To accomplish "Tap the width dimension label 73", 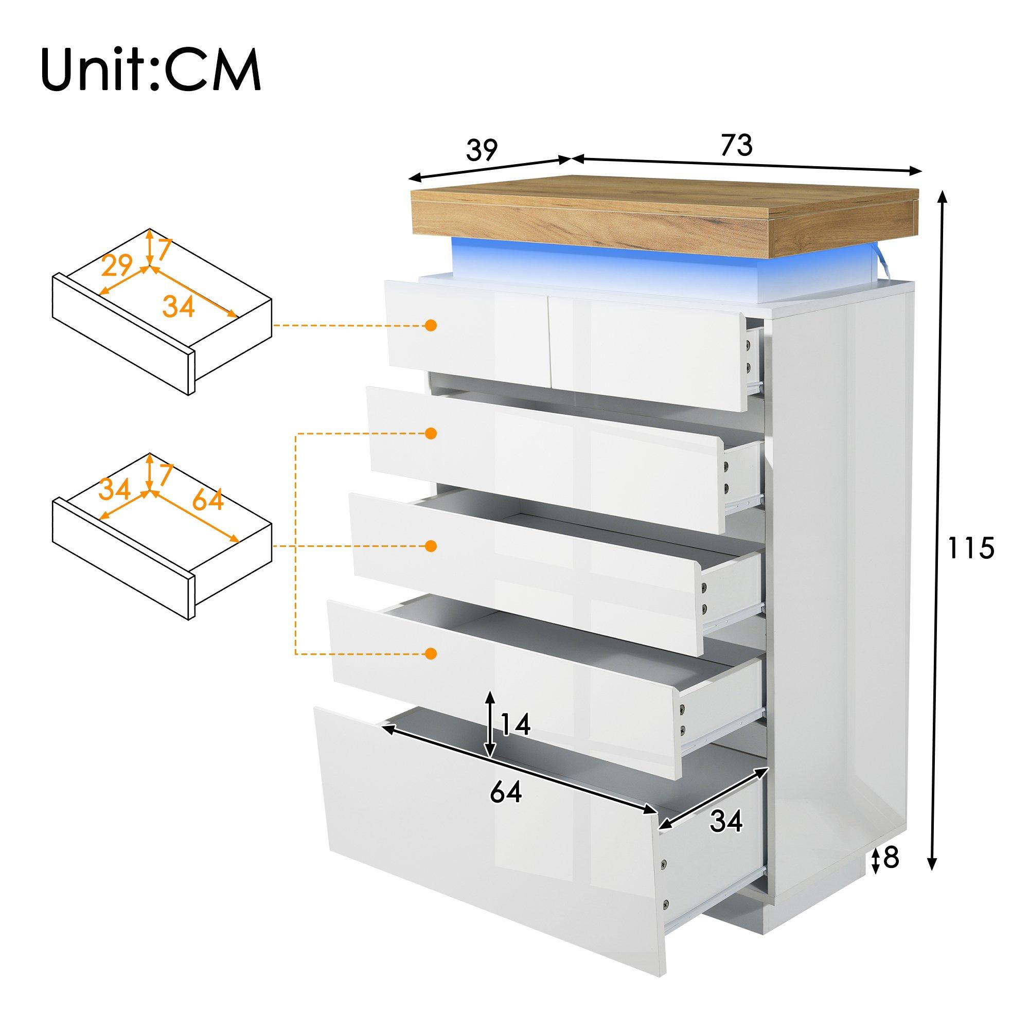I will coord(737,145).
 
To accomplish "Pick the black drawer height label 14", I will coord(515,724).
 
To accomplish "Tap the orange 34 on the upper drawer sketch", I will coord(178,307).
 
